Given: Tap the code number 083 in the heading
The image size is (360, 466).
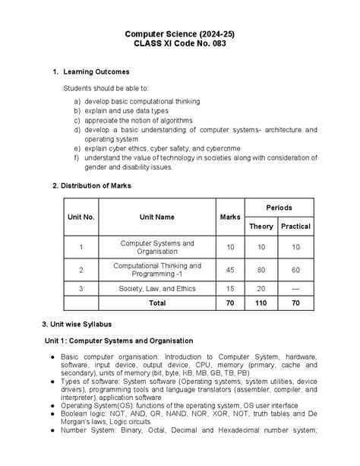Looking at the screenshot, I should (216, 43).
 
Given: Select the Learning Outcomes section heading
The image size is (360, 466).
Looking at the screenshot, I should (96, 71).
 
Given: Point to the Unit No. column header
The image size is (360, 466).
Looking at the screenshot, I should (81, 217).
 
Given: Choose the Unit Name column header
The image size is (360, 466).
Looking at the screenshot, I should (157, 217).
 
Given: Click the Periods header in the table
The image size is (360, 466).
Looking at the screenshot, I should (278, 208).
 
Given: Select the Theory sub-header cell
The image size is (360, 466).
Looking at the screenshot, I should (261, 227).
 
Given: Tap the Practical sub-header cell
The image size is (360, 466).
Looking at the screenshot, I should (295, 227).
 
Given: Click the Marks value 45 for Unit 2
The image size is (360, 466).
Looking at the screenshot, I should (230, 270).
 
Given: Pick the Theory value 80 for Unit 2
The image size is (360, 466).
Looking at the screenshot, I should (261, 270).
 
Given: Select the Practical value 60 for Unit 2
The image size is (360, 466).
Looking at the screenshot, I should (295, 270).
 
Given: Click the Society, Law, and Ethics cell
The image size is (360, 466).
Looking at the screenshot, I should (157, 289).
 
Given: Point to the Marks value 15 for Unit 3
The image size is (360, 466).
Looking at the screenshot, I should (230, 289).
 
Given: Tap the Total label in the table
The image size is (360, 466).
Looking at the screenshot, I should (157, 303).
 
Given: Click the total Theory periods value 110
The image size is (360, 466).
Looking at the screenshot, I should (261, 303).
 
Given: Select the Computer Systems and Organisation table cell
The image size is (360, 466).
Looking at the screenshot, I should (157, 247).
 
